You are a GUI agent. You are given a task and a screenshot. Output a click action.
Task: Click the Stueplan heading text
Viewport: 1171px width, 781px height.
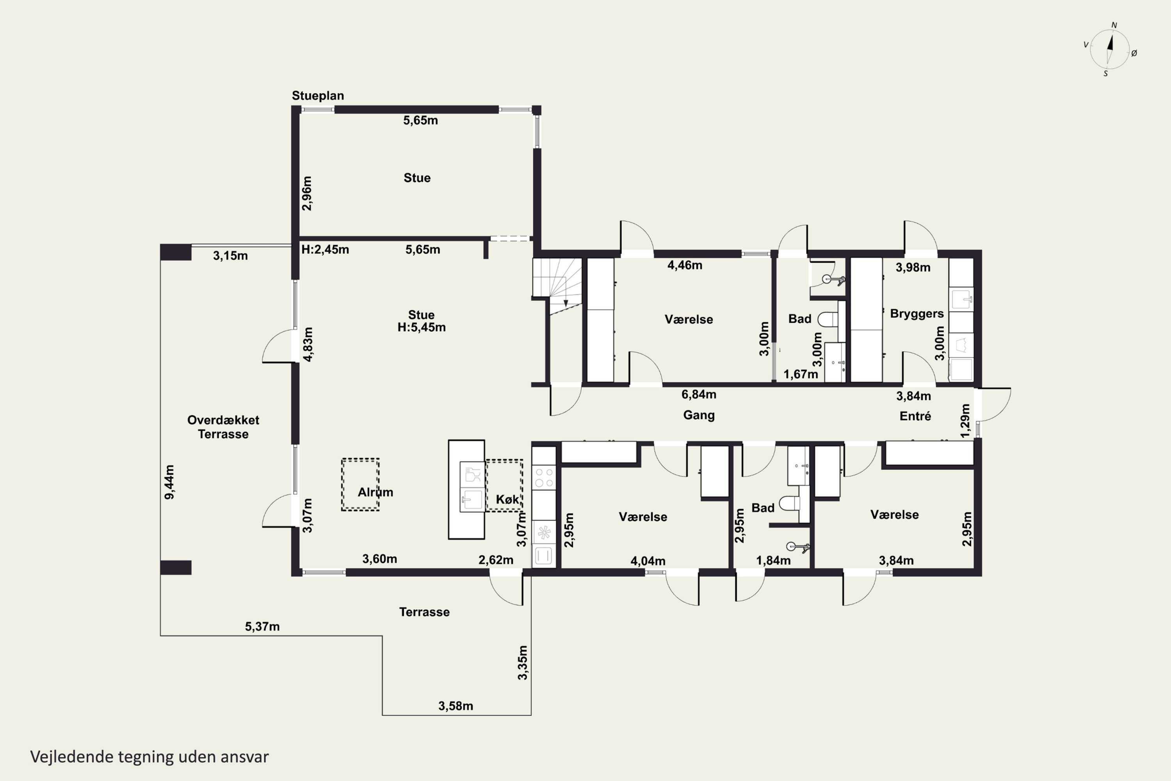(318, 96)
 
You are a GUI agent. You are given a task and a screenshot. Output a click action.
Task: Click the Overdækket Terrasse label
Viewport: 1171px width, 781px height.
(223, 427)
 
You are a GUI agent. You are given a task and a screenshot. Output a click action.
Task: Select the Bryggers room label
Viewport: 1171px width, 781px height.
(917, 314)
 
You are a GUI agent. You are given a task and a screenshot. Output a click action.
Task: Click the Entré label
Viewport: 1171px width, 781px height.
(915, 416)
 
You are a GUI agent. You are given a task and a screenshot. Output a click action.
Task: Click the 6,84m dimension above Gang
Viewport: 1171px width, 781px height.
(699, 394)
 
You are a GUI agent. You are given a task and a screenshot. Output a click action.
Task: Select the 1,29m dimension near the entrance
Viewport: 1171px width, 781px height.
(965, 421)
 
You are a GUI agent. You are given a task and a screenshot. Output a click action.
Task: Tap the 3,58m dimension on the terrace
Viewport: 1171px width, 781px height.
(456, 706)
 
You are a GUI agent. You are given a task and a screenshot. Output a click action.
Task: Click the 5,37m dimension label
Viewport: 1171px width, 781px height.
(262, 627)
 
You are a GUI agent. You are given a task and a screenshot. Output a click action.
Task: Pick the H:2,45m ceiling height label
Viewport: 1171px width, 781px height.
(325, 249)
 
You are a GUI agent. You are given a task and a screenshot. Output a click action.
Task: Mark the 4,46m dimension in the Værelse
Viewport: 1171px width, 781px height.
(685, 265)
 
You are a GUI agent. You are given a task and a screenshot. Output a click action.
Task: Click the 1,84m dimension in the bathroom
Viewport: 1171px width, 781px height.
(773, 560)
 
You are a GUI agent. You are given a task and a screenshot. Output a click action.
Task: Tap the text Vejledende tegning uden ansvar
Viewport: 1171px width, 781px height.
(149, 757)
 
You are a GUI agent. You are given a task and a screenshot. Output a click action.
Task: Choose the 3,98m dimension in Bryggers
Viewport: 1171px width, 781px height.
(913, 267)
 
